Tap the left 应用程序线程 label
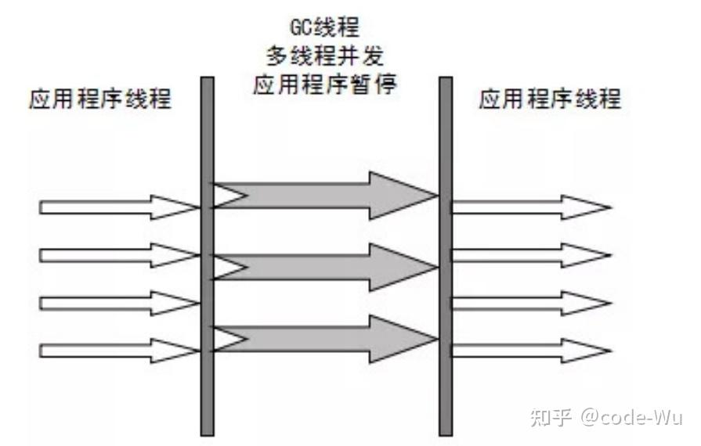[x=99, y=99]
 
